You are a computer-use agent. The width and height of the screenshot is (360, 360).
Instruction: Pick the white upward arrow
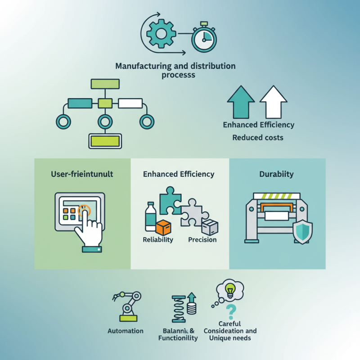pos(273,103)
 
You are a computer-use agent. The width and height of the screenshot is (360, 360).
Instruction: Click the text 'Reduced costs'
pos(258,137)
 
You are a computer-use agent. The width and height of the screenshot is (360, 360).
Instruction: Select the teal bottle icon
pos(150,216)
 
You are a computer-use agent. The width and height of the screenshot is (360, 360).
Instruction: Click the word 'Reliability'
pos(157,240)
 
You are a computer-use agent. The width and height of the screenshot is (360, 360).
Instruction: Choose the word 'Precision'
pos(202,240)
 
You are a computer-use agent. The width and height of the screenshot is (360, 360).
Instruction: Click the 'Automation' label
pos(126,331)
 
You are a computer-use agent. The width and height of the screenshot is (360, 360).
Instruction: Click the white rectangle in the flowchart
pos(130,103)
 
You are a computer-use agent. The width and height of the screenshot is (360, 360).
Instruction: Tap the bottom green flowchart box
pos(105,141)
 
